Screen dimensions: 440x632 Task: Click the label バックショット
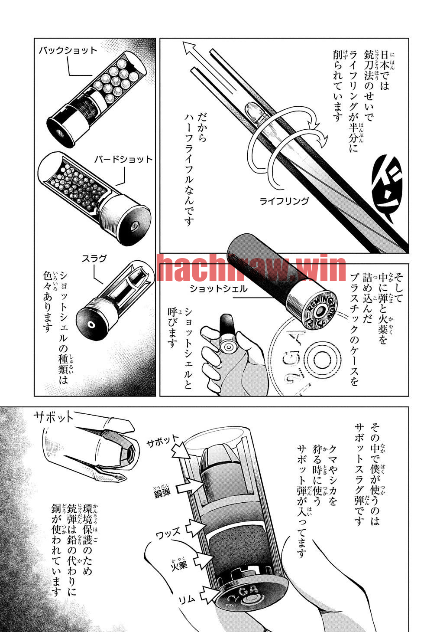pyautogui.click(x=68, y=51)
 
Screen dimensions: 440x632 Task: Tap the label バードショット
pyautogui.click(x=123, y=160)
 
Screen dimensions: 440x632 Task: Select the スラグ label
pyautogui.click(x=94, y=259)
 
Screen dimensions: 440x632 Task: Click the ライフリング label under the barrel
pyautogui.click(x=284, y=201)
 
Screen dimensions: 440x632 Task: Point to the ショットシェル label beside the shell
pyautogui.click(x=219, y=288)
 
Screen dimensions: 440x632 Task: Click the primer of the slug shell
pyautogui.click(x=91, y=325)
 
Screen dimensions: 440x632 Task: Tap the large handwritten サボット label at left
pyautogui.click(x=54, y=417)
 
